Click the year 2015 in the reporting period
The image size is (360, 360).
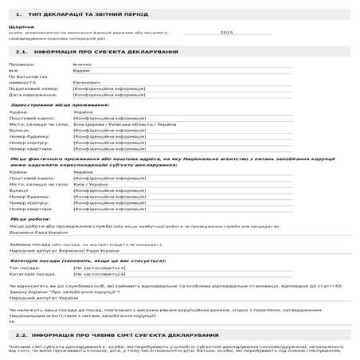point(226,33)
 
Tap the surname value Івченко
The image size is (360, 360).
point(84,63)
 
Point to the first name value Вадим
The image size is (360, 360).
point(81,69)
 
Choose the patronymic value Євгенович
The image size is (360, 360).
point(87,82)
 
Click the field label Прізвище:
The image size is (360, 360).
point(22,63)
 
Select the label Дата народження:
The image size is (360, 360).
point(31,94)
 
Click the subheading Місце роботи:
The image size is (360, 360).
point(30,218)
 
